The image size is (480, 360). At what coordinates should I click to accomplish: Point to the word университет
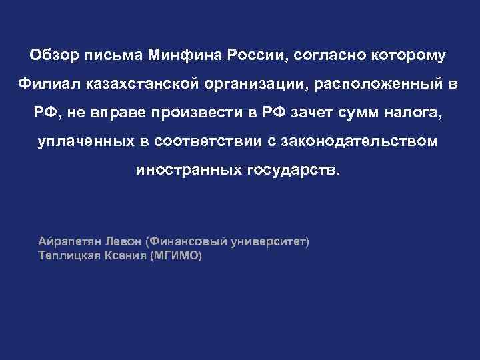click(x=269, y=241)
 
